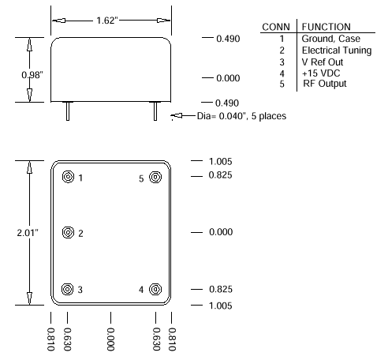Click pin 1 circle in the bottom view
coord(69,178)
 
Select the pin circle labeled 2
coord(69,233)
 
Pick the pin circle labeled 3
coord(69,289)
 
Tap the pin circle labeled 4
coord(155,289)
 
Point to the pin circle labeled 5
coord(155,178)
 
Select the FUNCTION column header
coord(326,27)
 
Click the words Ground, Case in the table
coord(329,39)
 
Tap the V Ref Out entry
coord(323,62)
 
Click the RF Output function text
coord(324,84)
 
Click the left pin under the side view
coord(69,111)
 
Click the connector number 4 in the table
coord(282,73)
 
